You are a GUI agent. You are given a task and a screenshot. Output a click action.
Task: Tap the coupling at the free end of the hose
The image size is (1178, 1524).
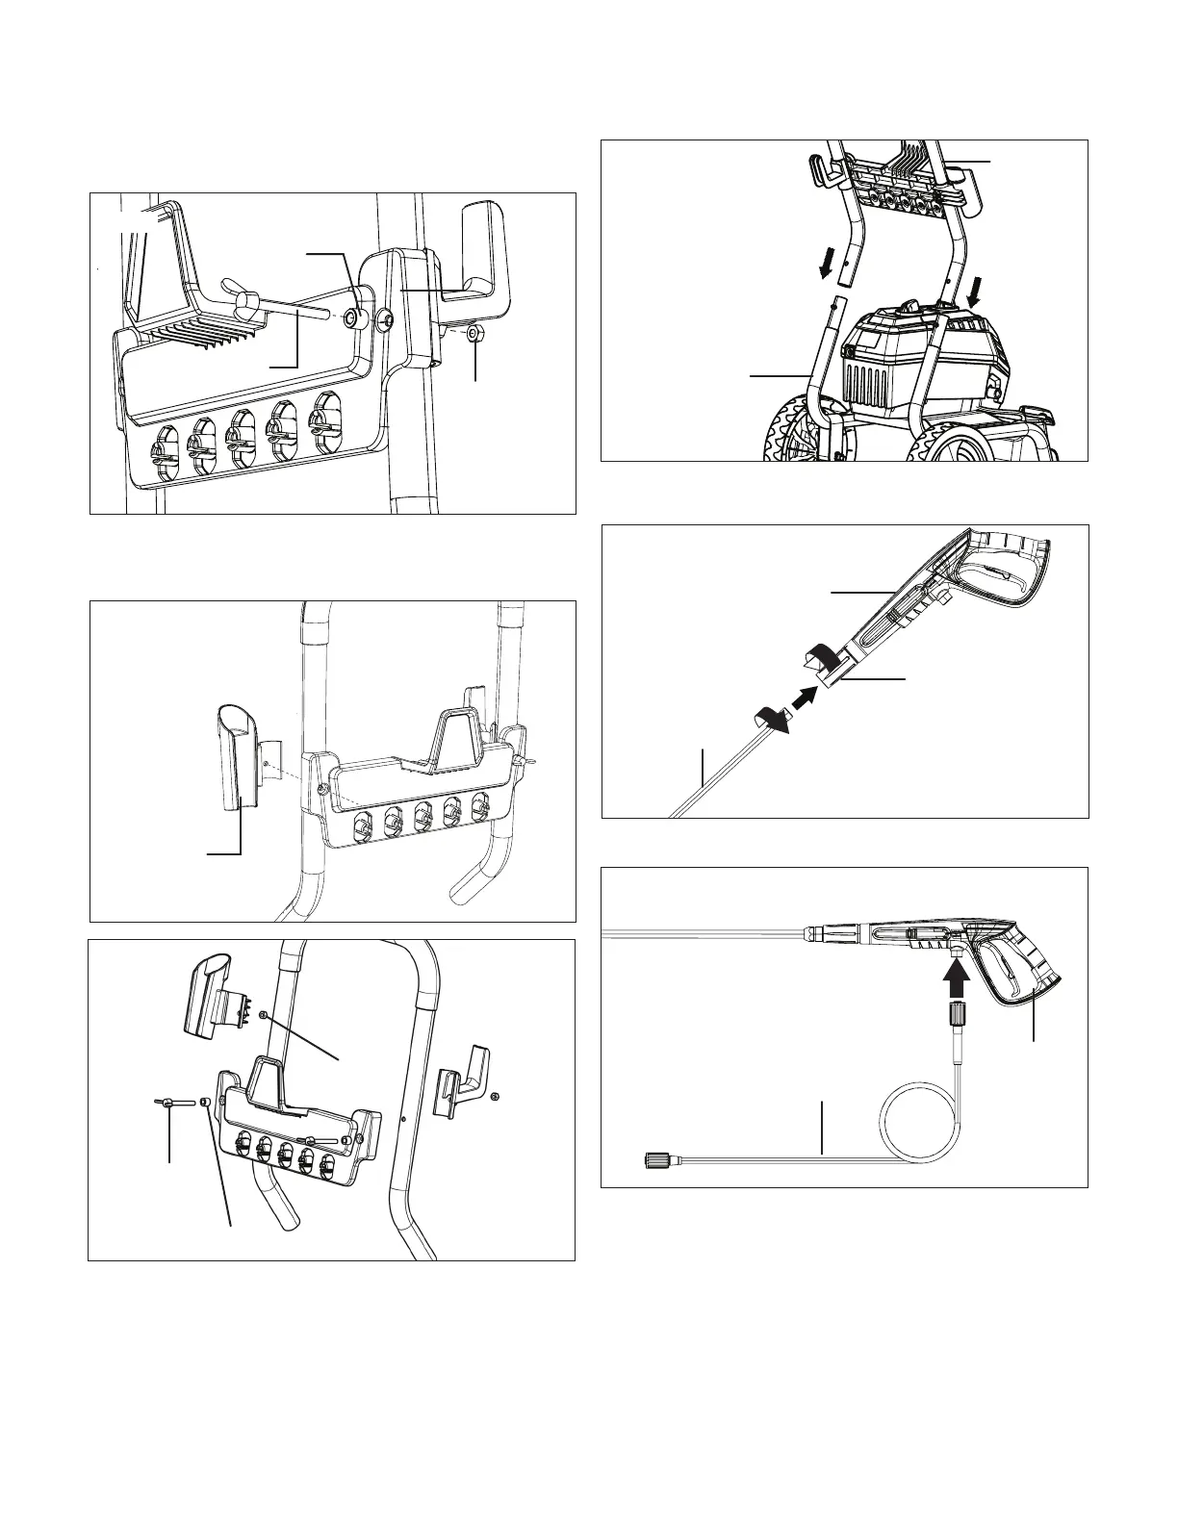pyautogui.click(x=654, y=1162)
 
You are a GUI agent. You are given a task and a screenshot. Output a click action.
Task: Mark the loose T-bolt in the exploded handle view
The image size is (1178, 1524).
pyautogui.click(x=166, y=1105)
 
